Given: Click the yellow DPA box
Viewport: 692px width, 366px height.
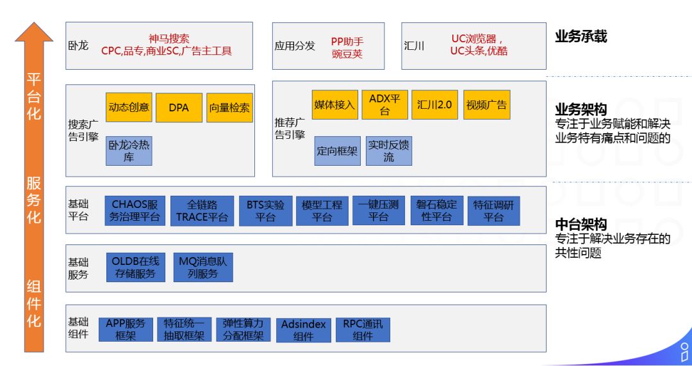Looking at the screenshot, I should click(179, 107).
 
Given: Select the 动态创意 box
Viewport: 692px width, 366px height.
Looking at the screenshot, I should click(129, 107).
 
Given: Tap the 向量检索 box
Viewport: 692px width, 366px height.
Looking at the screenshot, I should click(229, 107).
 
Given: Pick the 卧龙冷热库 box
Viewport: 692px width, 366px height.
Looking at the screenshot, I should click(129, 151).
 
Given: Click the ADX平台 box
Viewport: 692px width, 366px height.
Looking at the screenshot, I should click(384, 104).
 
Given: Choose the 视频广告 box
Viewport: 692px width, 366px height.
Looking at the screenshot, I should click(486, 104).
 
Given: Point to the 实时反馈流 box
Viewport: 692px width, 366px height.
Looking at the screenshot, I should click(389, 151).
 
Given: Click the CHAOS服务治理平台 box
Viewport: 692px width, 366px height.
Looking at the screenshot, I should click(135, 211).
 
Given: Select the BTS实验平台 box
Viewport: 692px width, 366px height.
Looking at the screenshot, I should click(265, 211).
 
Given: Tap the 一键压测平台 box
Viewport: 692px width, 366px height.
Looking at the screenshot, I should click(378, 211).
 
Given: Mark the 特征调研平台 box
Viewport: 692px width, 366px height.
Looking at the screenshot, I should click(493, 211).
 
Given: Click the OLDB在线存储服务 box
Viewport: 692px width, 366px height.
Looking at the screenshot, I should click(135, 267).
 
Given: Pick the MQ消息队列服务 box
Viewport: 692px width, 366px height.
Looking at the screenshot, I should click(202, 267).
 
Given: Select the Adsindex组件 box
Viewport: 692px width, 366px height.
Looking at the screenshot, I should click(303, 330).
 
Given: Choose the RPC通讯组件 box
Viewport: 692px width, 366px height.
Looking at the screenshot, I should click(363, 330).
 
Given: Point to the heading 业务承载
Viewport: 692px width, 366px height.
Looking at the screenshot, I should click(581, 36).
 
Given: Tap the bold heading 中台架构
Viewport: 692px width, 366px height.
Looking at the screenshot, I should click(581, 224).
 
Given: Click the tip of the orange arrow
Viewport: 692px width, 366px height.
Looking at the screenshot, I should click(34, 24).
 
